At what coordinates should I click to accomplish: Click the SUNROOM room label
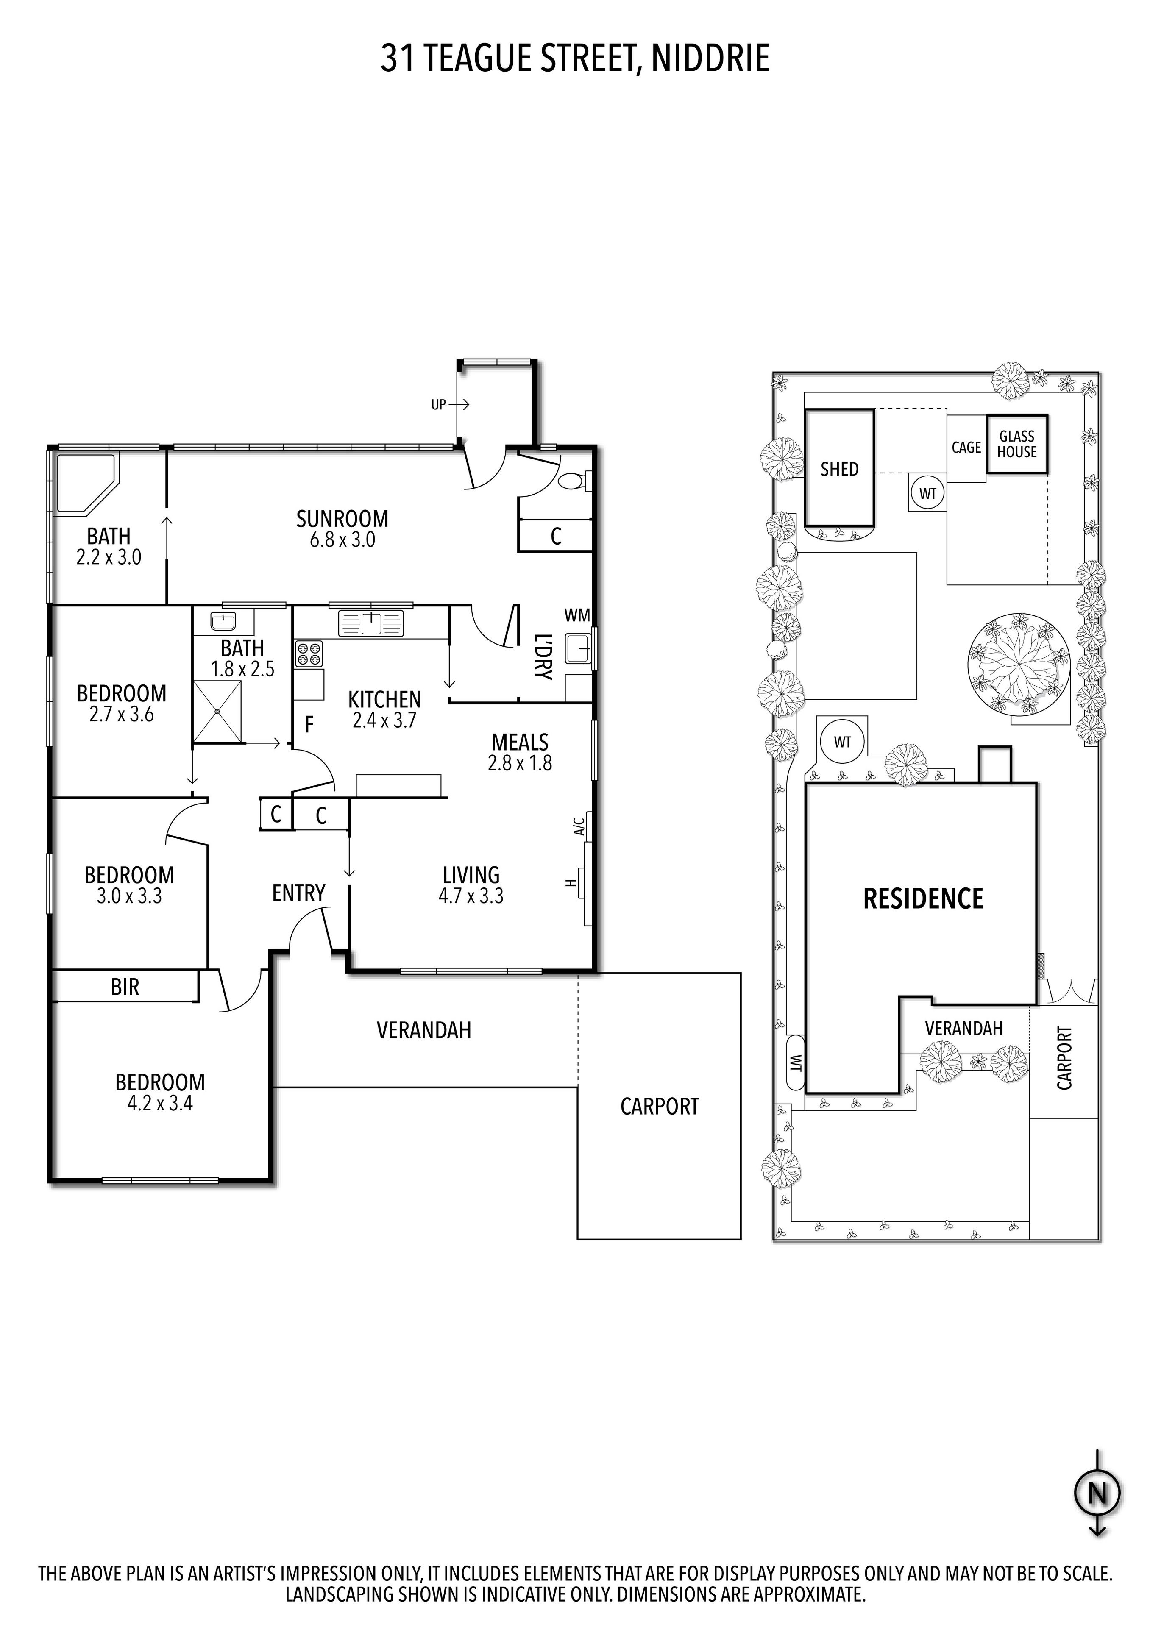click(x=342, y=519)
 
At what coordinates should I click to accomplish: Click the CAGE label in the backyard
click(x=966, y=448)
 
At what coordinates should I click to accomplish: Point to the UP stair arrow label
click(x=439, y=405)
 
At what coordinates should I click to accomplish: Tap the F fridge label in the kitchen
click(x=309, y=724)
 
